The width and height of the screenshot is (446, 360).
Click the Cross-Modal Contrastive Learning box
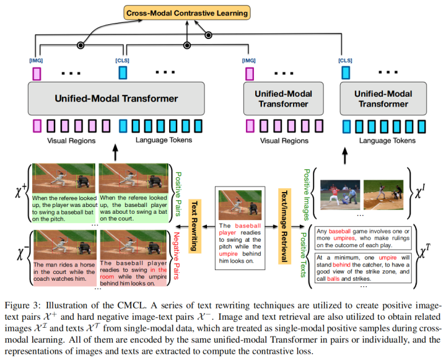click(x=187, y=13)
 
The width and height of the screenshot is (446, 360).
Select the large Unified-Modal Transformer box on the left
click(x=116, y=99)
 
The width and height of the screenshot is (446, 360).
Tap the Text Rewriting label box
click(x=195, y=226)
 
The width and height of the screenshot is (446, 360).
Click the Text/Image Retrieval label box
click(x=284, y=226)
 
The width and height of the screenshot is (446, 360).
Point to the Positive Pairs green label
click(x=178, y=194)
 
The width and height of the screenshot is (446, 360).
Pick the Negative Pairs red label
click(x=177, y=255)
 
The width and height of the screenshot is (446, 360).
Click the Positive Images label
click(x=307, y=195)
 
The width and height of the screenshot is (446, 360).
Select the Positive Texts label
click(x=304, y=255)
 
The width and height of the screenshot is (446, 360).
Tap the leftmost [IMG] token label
click(x=36, y=61)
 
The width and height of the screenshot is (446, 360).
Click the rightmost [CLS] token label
click(x=345, y=61)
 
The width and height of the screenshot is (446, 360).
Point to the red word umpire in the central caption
click(x=228, y=253)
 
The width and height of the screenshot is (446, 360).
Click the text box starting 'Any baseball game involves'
click(x=363, y=238)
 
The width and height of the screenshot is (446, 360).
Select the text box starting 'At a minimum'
click(x=363, y=268)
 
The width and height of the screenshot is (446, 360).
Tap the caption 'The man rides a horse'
click(x=64, y=272)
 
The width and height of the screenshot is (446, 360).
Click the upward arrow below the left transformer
click(x=115, y=152)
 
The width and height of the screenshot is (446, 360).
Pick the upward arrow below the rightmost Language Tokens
click(x=345, y=156)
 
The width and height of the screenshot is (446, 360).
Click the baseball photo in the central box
click(x=240, y=205)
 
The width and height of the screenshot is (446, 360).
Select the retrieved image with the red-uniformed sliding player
click(x=340, y=195)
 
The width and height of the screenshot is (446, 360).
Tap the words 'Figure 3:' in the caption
click(x=21, y=305)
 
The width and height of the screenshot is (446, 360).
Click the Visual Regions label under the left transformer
click(x=71, y=141)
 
